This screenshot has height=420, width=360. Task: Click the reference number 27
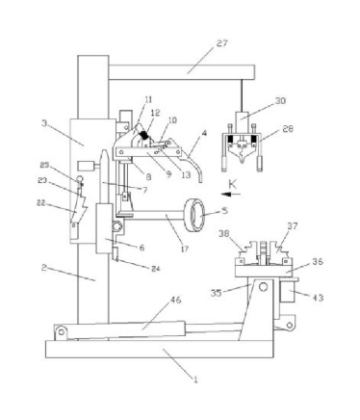[221, 43]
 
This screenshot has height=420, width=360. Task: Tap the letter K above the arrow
[232, 184]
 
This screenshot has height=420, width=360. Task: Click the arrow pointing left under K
[230, 194]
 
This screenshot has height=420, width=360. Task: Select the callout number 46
[175, 301]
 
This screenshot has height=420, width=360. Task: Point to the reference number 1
[195, 380]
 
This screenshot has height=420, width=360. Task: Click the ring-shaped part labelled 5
[194, 215]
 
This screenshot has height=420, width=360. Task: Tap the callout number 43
[318, 298]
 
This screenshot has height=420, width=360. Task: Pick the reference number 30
[280, 101]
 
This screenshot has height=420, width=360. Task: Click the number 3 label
[44, 122]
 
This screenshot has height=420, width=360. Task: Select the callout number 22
[41, 203]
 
